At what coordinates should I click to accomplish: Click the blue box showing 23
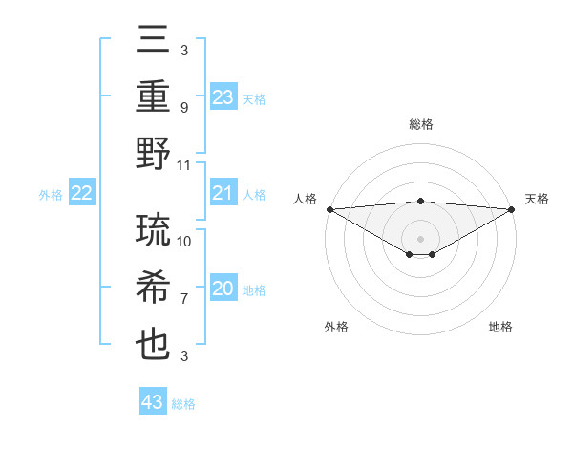pyautogui.click(x=223, y=97)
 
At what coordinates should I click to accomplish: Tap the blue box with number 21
pyautogui.click(x=223, y=194)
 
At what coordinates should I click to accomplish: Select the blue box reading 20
pyautogui.click(x=223, y=289)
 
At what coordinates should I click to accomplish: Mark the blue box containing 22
pyautogui.click(x=82, y=194)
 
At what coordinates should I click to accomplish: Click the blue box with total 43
pyautogui.click(x=153, y=402)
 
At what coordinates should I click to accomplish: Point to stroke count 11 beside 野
pyautogui.click(x=184, y=164)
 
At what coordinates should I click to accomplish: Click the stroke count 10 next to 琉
pyautogui.click(x=184, y=241)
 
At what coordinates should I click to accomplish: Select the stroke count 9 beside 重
pyautogui.click(x=183, y=108)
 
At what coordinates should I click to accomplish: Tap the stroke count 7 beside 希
pyautogui.click(x=183, y=299)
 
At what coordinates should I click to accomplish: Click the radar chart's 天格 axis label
pyautogui.click(x=537, y=199)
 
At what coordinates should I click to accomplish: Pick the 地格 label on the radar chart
pyautogui.click(x=500, y=327)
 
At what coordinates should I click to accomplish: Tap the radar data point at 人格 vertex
pyautogui.click(x=329, y=208)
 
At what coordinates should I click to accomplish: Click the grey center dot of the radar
pyautogui.click(x=420, y=237)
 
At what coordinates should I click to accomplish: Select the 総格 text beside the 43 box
pyautogui.click(x=183, y=404)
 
